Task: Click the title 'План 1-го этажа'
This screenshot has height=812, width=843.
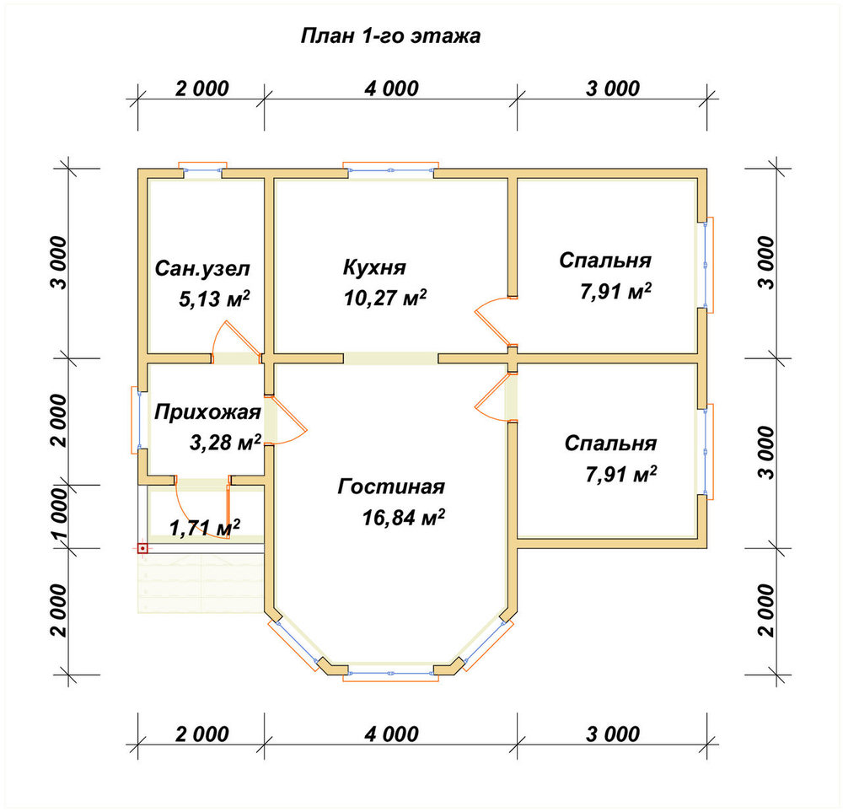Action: click(390, 36)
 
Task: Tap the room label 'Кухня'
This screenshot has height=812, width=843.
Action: click(374, 267)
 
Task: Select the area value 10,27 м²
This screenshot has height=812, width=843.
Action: click(385, 298)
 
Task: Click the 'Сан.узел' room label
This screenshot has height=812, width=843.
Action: click(202, 268)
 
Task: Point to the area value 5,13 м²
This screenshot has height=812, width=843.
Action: click(214, 299)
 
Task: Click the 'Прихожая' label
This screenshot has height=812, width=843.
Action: click(207, 412)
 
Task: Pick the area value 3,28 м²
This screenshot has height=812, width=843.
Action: click(225, 443)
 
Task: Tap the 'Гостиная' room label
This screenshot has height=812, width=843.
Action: click(391, 487)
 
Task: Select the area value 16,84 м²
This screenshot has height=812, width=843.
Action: click(403, 518)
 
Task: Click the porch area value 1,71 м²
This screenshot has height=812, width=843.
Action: click(205, 528)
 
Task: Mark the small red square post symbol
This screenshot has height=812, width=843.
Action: click(142, 549)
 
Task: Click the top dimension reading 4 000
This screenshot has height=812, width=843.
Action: click(391, 89)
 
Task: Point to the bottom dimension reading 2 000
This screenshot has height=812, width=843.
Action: click(202, 734)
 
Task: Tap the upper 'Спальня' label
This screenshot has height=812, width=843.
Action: click(605, 261)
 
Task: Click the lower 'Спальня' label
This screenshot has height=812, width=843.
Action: click(610, 444)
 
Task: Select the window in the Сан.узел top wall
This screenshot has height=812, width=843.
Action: click(202, 169)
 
